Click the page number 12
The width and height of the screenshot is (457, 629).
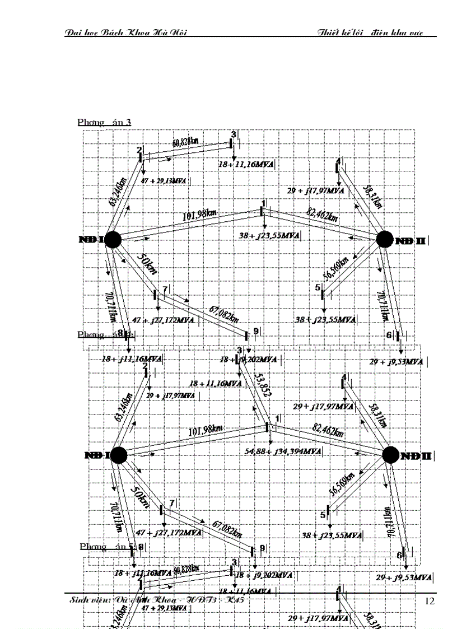[430, 601]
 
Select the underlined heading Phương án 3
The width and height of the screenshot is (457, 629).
[105, 122]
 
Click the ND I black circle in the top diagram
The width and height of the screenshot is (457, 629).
[113, 239]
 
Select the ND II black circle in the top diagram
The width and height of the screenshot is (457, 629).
[385, 239]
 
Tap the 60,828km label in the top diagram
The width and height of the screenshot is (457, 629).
[185, 142]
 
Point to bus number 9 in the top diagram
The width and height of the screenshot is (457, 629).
[255, 332]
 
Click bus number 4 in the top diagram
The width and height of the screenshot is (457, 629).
[338, 162]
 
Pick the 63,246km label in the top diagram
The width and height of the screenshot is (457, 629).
[123, 190]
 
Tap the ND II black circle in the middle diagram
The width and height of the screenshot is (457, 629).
[391, 455]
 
